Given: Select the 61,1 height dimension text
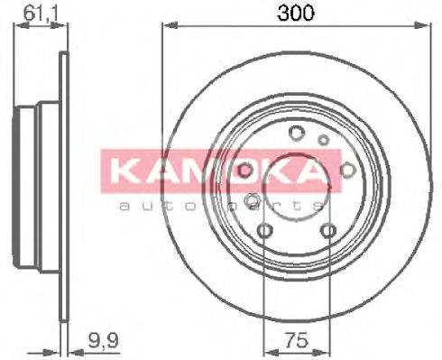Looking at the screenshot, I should click(34, 14).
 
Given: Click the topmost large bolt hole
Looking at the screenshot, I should click(295, 134).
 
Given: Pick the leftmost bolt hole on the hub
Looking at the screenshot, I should click(245, 170).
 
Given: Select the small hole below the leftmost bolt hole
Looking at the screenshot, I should click(252, 199).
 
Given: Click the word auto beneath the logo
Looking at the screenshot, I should click(145, 207).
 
